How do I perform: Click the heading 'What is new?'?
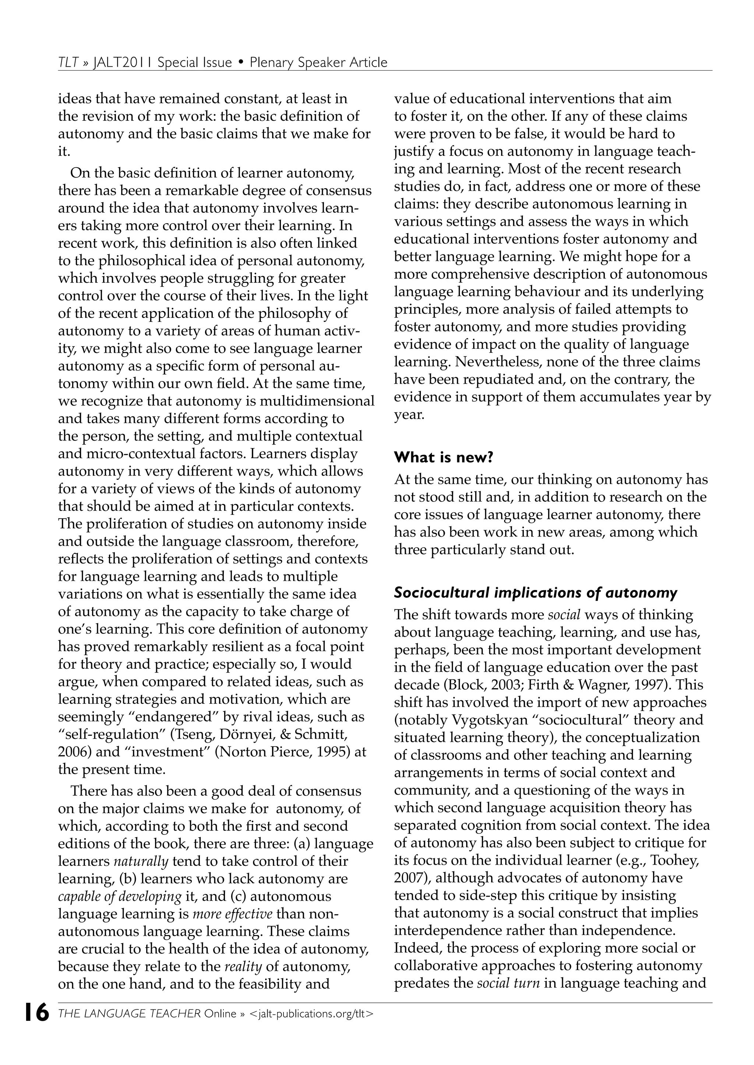coord(443,457)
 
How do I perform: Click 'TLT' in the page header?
coord(68,62)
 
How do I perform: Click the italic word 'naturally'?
coord(141,861)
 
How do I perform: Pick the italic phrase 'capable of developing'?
coord(120,896)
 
